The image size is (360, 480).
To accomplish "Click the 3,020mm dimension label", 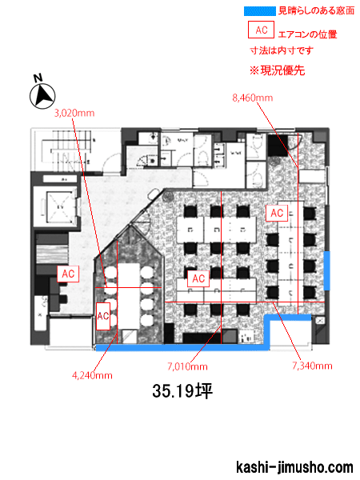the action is coord(74,114).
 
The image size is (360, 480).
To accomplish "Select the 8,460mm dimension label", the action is coord(253,98).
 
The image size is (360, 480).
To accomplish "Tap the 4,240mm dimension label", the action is coord(92,375).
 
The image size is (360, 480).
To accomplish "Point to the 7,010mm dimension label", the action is coord(187,366).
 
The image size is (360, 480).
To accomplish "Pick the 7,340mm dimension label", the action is coord(312,366).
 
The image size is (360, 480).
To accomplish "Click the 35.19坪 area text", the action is coord(182,391).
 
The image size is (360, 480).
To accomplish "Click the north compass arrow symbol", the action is coord(42,96).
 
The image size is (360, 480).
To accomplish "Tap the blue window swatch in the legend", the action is coord(260,11).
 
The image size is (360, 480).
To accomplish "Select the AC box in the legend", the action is coord(261,30).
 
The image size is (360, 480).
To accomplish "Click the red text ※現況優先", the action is coord(277,70).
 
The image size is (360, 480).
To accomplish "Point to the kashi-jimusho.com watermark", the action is coord(294,467).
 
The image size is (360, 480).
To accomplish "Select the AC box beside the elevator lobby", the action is coord(68,274).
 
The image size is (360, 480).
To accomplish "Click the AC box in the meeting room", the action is coord(103,316).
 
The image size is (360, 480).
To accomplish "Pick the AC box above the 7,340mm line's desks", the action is coord(277,213).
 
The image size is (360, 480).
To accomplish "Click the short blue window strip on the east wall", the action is coord(327,270).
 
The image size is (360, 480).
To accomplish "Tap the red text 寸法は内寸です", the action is coord(282,50).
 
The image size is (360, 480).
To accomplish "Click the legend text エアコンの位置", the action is coord(308,34).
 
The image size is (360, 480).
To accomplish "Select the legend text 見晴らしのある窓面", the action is coord(316,11).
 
